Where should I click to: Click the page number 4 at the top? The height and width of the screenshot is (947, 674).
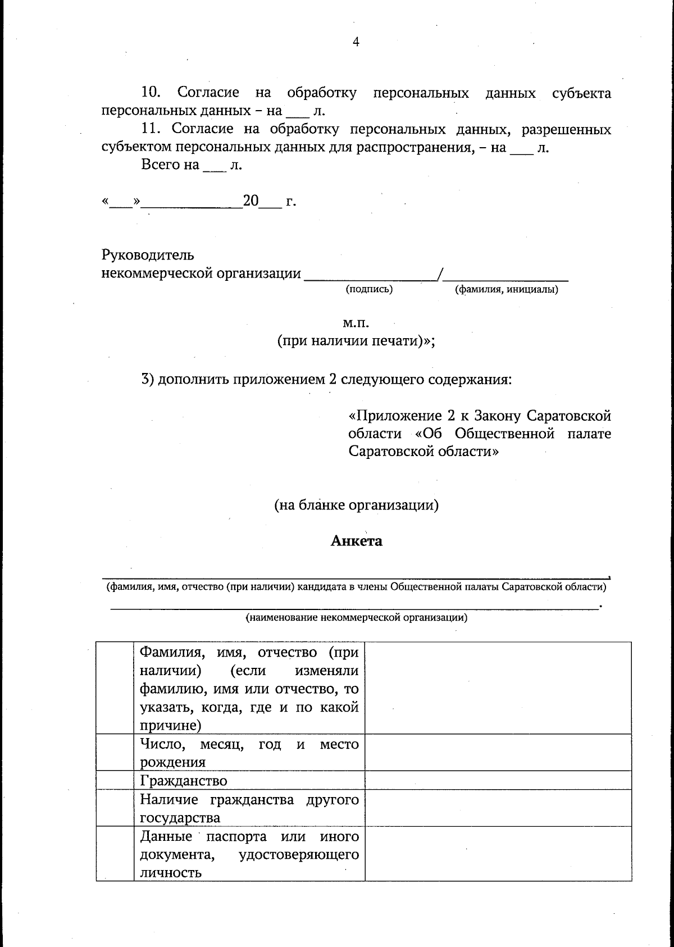tap(356, 42)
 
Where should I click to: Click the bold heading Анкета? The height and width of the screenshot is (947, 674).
tap(356, 541)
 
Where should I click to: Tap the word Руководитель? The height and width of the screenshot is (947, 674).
tap(148, 255)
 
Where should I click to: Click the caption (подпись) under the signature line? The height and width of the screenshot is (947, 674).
tap(368, 289)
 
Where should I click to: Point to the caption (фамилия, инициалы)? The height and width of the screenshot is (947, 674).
tap(506, 289)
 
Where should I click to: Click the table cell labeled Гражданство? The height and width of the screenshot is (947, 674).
tap(184, 781)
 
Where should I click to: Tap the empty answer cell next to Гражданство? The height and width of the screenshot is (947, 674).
tap(498, 780)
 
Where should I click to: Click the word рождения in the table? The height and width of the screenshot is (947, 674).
tap(173, 762)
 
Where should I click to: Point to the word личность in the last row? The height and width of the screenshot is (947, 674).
tap(171, 873)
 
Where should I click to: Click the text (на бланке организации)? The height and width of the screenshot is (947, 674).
tap(356, 505)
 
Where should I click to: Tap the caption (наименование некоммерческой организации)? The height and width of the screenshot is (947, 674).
tap(356, 618)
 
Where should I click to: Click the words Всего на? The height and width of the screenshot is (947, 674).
tap(170, 165)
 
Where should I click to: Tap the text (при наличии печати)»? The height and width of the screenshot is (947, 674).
tap(356, 341)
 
